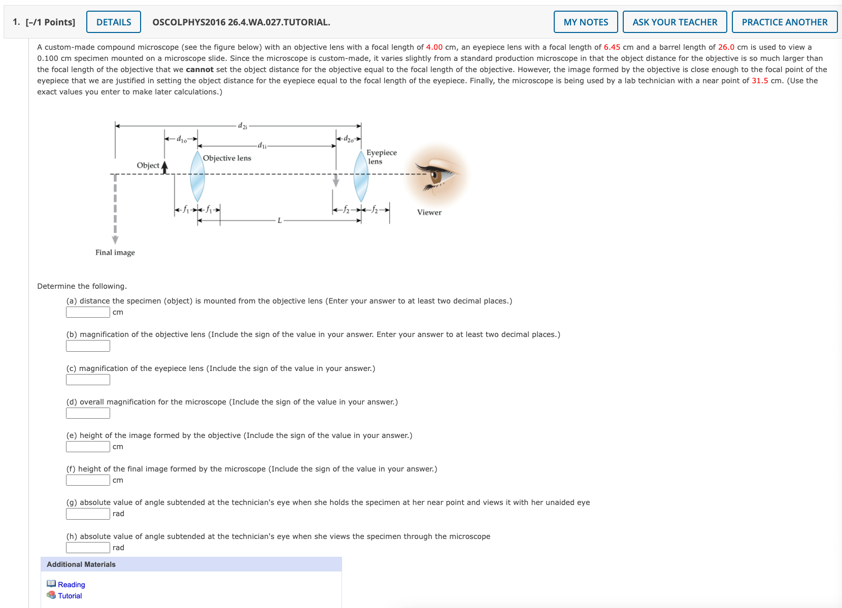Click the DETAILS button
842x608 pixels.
tap(114, 22)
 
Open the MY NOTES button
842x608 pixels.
tap(585, 22)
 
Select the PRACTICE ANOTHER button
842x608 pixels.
tap(784, 22)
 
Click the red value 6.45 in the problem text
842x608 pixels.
tap(612, 47)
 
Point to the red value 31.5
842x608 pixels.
tap(759, 81)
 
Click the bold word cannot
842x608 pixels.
tap(199, 70)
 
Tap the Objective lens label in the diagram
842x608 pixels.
tap(227, 158)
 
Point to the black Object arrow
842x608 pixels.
tap(164, 167)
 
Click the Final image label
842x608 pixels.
tap(115, 253)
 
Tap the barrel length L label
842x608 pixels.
tap(279, 220)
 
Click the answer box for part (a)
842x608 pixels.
tap(88, 312)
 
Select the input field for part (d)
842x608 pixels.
tap(88, 413)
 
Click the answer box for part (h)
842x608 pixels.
tap(88, 548)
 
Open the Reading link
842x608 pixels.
tap(71, 585)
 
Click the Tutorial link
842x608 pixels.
tap(70, 596)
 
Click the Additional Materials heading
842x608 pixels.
tap(81, 564)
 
